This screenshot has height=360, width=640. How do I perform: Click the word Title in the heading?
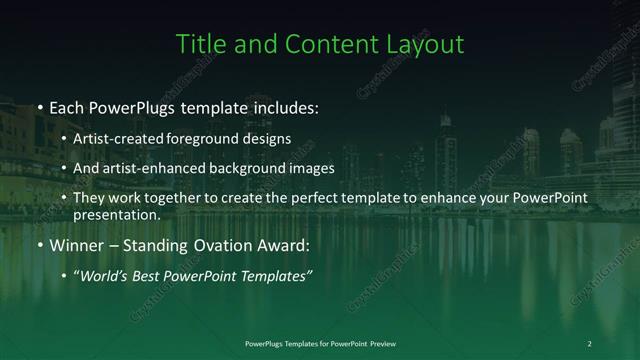click(199, 44)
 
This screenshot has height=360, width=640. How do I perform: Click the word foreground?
click(209, 138)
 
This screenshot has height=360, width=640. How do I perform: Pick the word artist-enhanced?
click(151, 168)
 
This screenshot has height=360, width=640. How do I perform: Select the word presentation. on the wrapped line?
click(116, 214)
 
